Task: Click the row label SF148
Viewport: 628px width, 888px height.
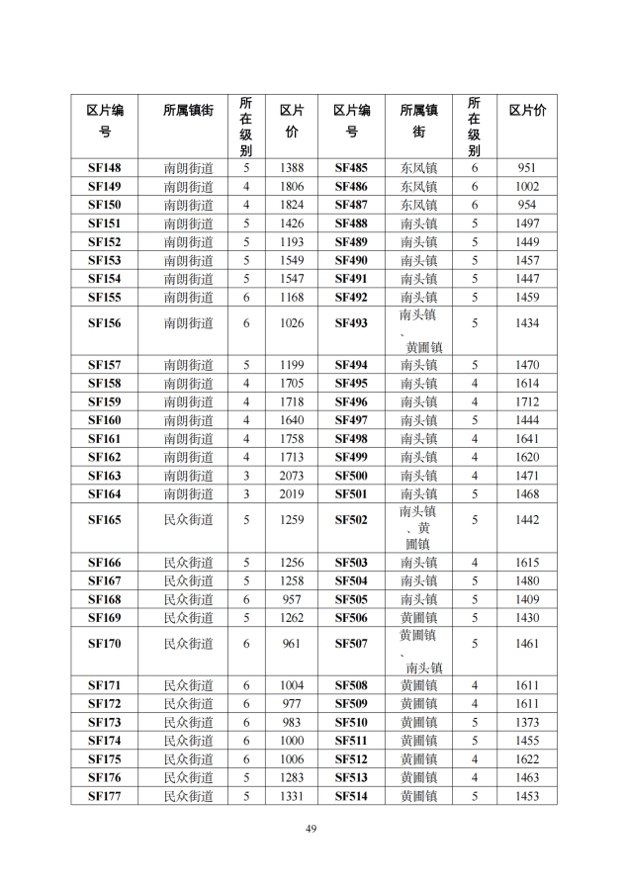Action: coord(104,168)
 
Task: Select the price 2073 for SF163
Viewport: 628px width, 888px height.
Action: coord(292,476)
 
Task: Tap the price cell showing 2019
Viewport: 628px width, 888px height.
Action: coord(292,494)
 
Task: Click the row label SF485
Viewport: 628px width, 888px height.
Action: coord(350,168)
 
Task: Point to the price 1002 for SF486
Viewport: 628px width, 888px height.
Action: coord(527,187)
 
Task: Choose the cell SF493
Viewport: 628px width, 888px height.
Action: coord(350,323)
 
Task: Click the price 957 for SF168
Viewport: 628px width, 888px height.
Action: coord(292,599)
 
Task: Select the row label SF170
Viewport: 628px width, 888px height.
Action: coord(104,644)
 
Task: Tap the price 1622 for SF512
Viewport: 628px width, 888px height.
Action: coord(527,759)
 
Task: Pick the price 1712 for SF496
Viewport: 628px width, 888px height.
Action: coord(527,402)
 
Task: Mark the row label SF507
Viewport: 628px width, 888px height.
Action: coord(350,644)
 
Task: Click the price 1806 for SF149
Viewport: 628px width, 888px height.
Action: coord(292,187)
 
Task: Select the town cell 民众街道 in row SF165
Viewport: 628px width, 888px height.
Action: coord(188,520)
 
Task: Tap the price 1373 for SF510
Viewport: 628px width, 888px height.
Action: coord(527,723)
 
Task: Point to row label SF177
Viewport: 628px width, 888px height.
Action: coord(104,796)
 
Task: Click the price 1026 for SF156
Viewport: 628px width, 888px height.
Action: coord(292,323)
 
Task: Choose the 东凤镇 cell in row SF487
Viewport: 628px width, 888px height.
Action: coord(418,205)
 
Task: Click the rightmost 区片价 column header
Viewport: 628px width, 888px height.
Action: coord(527,111)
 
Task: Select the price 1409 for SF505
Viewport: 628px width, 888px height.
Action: coord(527,599)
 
